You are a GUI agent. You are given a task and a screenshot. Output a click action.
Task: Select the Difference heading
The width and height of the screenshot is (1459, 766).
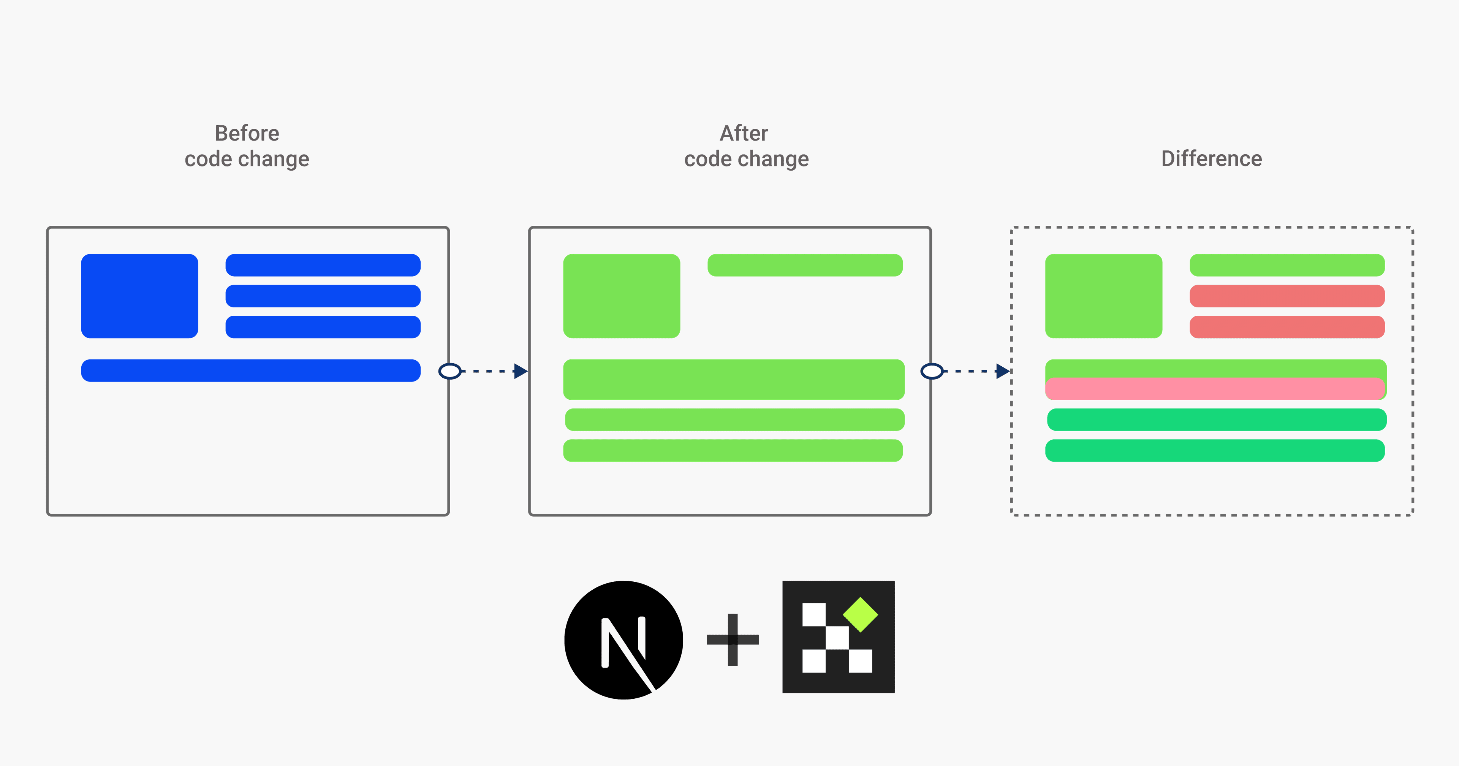click(1212, 159)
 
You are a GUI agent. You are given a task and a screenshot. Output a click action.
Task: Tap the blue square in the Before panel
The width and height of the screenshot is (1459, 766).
click(139, 296)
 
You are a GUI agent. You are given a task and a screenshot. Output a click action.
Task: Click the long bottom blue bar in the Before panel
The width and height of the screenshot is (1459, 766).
click(250, 370)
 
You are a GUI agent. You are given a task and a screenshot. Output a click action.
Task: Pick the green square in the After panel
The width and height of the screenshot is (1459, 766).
click(621, 296)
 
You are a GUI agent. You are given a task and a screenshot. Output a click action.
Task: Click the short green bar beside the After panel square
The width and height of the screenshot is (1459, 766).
click(805, 265)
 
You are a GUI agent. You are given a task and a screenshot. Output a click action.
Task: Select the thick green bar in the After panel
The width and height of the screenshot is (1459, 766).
click(733, 379)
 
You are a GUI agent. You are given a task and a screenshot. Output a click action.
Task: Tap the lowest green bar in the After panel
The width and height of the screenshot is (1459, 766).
click(732, 450)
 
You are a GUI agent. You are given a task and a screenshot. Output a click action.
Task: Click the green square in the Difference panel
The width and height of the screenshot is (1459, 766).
click(1103, 296)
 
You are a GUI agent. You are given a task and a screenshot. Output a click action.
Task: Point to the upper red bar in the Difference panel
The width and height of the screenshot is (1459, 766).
click(1287, 296)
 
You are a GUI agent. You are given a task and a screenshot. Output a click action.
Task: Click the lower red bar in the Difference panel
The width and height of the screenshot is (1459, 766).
click(1287, 327)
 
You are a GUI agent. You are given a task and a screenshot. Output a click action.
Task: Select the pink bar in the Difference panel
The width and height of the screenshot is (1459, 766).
click(1215, 389)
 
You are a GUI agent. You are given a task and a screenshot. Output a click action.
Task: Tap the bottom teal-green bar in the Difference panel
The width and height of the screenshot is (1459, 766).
click(1215, 450)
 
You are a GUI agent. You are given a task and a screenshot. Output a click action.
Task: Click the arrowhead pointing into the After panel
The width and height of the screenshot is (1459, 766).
click(521, 371)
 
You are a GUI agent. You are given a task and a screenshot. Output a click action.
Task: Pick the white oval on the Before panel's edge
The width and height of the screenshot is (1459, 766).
click(450, 371)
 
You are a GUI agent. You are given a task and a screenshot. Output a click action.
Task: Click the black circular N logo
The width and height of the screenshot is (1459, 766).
click(623, 639)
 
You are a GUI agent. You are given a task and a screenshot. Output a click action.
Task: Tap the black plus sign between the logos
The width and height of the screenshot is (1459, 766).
click(732, 639)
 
